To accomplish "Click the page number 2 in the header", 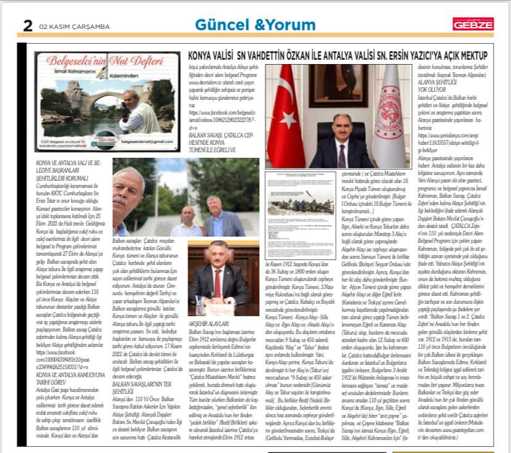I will [28, 25].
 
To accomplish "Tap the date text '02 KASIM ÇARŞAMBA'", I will [65, 27].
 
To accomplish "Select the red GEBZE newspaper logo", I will [473, 24].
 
